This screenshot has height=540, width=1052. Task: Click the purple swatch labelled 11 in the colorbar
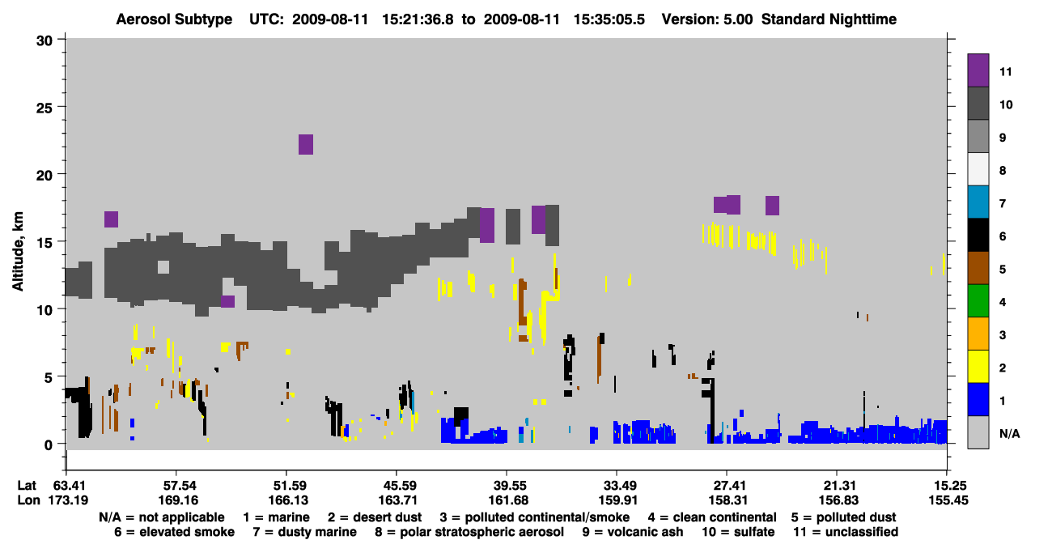point(978,70)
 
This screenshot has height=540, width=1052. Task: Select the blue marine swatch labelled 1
point(978,399)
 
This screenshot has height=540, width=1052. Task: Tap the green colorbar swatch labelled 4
point(978,301)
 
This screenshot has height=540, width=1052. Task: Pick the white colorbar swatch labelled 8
point(978,169)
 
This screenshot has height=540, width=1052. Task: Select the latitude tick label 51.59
point(286,485)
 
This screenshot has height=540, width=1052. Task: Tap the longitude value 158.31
point(727,500)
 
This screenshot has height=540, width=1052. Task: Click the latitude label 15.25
point(948,485)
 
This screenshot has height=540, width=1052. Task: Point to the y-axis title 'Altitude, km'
point(17,251)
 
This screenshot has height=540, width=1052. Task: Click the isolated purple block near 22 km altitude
point(306,144)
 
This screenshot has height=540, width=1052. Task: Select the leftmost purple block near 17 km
point(112,219)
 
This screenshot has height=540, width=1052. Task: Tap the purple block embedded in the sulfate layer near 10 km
point(227,302)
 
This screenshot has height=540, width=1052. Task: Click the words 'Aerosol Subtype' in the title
point(174,19)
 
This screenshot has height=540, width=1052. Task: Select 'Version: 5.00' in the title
point(707,19)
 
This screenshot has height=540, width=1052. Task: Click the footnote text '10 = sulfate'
point(738,532)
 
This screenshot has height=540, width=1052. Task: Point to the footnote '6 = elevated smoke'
point(174,532)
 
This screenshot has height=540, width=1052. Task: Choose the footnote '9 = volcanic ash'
point(633,532)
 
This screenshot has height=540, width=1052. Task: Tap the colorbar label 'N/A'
point(1009,433)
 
